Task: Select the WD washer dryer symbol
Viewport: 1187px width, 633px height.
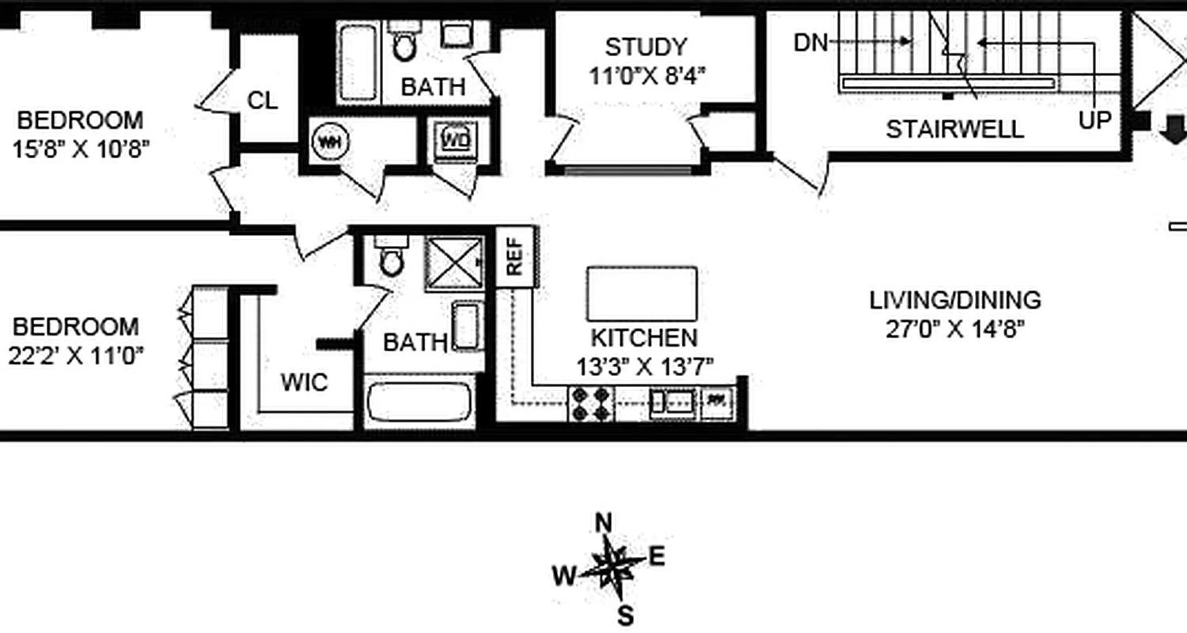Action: [x=456, y=141]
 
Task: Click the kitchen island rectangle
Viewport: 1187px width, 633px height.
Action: [x=642, y=294]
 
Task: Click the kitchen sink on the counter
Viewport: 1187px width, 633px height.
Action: [x=672, y=403]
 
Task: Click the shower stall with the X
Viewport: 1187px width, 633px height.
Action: [x=454, y=262]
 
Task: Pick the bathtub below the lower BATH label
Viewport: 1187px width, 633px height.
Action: [x=419, y=403]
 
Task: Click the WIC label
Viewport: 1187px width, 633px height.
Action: [x=304, y=382]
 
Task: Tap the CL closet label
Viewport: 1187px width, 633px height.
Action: [x=263, y=100]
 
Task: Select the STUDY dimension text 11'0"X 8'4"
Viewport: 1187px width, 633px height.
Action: [x=647, y=75]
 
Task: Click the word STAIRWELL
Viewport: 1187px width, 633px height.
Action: [x=954, y=129]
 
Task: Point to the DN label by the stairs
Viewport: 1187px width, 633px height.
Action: [x=810, y=43]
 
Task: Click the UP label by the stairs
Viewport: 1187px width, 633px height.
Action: [x=1095, y=120]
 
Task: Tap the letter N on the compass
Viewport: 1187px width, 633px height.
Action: [x=604, y=523]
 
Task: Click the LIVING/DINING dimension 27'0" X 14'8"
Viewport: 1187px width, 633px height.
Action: [x=954, y=328]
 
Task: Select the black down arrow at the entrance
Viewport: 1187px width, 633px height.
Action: [x=1174, y=129]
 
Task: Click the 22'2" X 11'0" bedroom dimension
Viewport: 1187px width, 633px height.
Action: [x=76, y=355]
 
